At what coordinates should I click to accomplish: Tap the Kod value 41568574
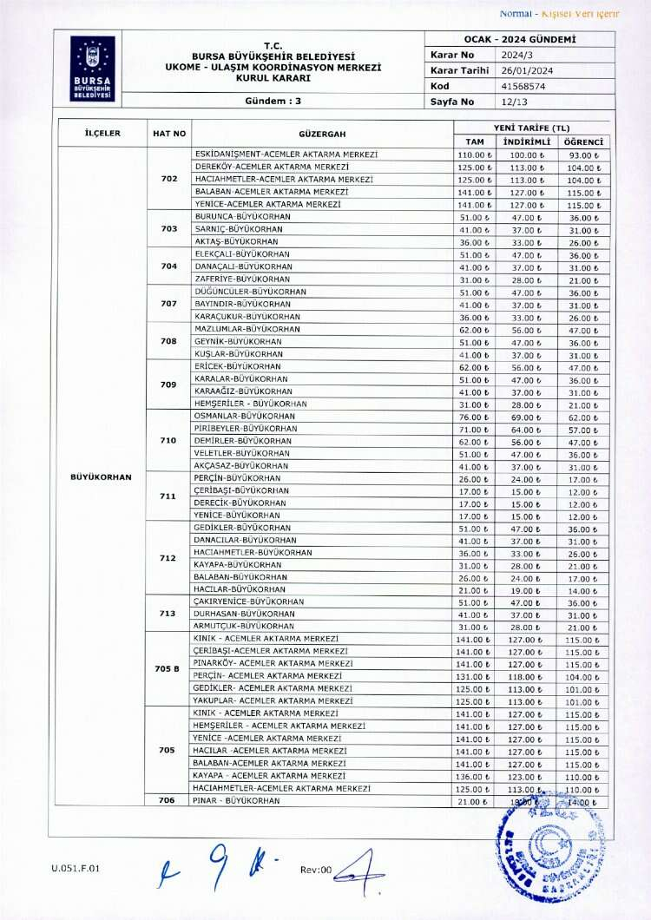tap(521, 86)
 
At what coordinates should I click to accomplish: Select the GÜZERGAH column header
tap(322, 134)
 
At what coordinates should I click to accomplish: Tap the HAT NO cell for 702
tap(169, 179)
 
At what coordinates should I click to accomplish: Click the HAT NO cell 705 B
tap(169, 668)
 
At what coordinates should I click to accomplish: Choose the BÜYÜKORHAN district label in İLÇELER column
tap(101, 477)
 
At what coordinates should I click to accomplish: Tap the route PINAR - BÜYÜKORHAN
tap(236, 801)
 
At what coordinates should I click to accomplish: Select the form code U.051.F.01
tap(69, 868)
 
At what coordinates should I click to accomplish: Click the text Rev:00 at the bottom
tap(316, 870)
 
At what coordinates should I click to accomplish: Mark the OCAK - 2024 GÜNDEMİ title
tap(520, 40)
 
